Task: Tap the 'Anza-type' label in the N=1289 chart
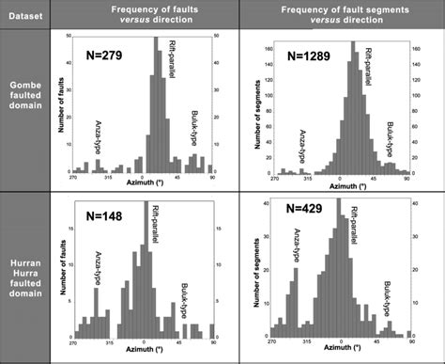[302, 146]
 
